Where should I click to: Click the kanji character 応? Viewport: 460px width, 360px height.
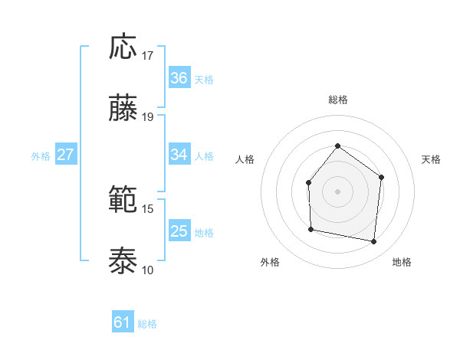click(x=123, y=47)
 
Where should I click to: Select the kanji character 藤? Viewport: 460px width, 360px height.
click(x=123, y=109)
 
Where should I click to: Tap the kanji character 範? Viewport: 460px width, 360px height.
click(x=123, y=201)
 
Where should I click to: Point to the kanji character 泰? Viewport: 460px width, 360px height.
click(x=123, y=261)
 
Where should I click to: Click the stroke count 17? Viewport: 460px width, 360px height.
click(x=148, y=56)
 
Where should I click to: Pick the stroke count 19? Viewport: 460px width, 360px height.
click(x=148, y=117)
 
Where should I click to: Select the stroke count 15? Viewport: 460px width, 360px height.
click(x=148, y=208)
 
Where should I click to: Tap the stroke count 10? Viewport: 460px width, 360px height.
click(x=148, y=270)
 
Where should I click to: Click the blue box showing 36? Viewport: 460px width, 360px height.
click(x=179, y=78)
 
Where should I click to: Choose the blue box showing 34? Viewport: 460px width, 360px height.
click(x=179, y=155)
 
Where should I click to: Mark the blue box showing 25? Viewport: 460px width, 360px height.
click(x=179, y=231)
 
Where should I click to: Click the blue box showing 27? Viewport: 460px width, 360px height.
click(x=66, y=155)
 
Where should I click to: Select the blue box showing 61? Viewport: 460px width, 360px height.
click(x=123, y=323)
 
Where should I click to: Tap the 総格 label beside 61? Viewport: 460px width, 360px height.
click(x=147, y=324)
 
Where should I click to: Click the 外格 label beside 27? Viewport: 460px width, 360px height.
click(x=41, y=155)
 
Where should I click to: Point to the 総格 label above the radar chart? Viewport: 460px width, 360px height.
click(x=337, y=100)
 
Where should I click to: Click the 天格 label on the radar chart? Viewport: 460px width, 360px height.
click(x=431, y=159)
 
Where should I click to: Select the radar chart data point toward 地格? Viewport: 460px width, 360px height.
click(x=374, y=241)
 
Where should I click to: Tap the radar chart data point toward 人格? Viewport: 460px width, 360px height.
click(x=308, y=182)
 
